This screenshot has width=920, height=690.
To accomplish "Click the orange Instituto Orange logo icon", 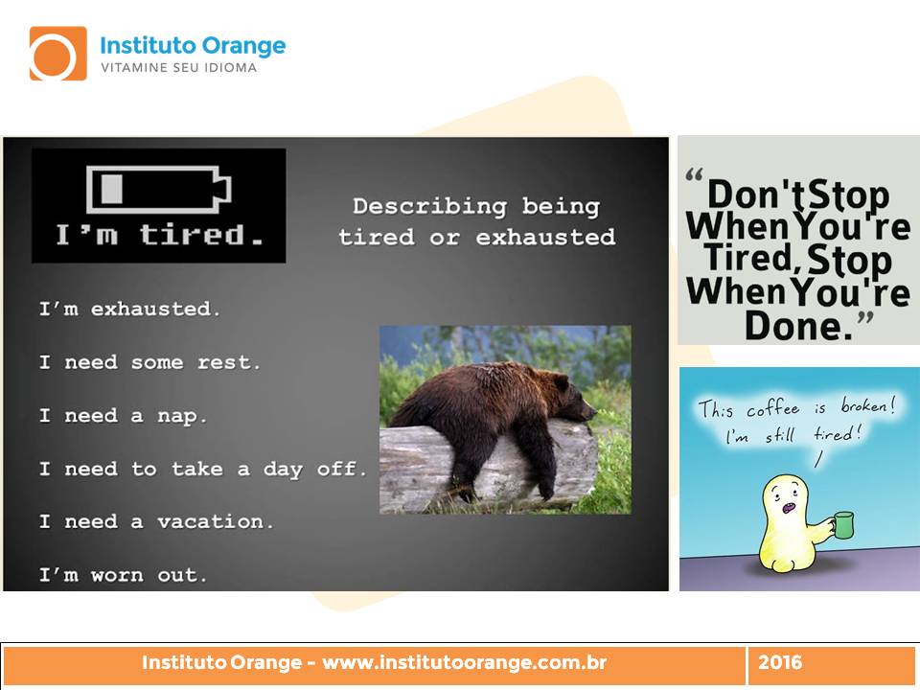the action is (58, 54).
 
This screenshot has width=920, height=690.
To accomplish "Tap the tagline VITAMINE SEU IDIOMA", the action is (179, 67).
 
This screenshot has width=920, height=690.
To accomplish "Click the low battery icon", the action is (159, 189).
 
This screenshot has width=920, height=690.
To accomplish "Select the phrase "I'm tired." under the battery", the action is (159, 235).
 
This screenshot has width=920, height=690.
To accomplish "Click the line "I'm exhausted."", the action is (129, 309).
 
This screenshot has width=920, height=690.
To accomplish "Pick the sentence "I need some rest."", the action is (149, 362).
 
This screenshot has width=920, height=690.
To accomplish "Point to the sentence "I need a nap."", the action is (124, 415).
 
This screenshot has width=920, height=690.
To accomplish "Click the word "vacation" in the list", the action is (211, 521).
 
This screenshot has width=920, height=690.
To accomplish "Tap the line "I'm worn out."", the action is (124, 574).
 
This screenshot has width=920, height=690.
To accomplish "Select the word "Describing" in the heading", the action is (430, 206).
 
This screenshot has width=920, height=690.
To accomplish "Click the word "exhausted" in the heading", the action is (545, 237).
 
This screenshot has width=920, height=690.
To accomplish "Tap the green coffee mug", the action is (842, 524).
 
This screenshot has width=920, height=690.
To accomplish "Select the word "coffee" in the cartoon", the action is (772, 408).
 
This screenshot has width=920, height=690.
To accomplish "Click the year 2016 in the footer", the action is (780, 662).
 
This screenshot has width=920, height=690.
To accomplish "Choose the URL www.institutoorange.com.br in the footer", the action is (465, 662).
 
